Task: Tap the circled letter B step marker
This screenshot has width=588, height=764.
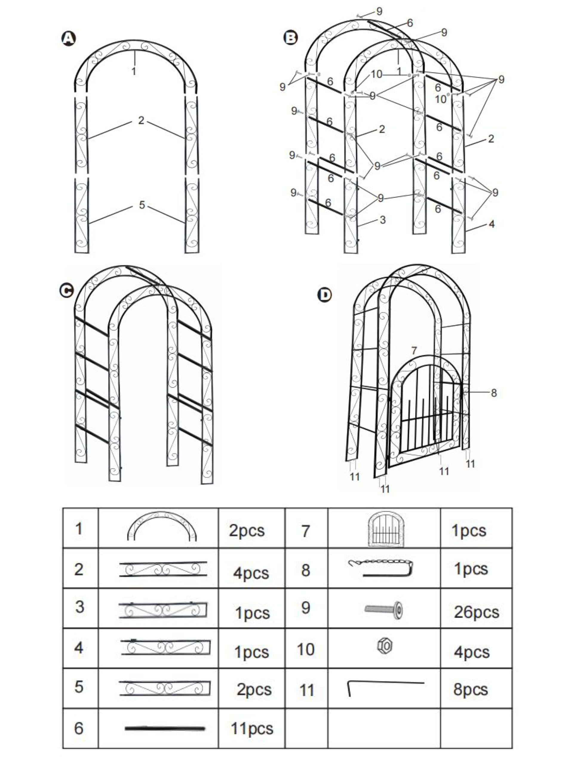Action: pyautogui.click(x=291, y=37)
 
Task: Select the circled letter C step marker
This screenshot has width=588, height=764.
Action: pyautogui.click(x=67, y=290)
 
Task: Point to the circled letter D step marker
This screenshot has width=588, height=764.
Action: pyautogui.click(x=325, y=295)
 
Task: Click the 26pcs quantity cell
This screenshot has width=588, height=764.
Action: pyautogui.click(x=476, y=612)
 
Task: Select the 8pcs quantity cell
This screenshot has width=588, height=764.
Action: pyautogui.click(x=470, y=689)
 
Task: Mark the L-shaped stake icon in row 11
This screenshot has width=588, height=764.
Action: pyautogui.click(x=385, y=687)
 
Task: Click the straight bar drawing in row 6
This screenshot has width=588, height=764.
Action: pyautogui.click(x=165, y=728)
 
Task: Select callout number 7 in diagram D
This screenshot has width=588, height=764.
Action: pyautogui.click(x=414, y=350)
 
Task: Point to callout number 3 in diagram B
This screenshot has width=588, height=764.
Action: pyautogui.click(x=382, y=220)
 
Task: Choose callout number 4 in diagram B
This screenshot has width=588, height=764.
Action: pyautogui.click(x=492, y=224)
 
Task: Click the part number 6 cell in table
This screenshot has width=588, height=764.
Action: pyautogui.click(x=79, y=728)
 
